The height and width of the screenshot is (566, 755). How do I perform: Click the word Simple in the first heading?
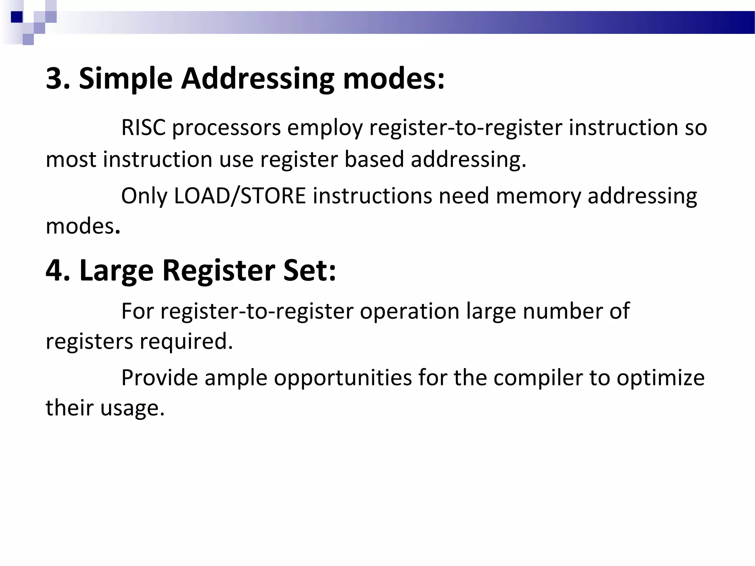(125, 79)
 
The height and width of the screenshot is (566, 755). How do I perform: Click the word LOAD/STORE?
(240, 196)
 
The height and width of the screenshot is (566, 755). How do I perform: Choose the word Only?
(144, 196)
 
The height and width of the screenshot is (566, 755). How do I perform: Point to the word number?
(562, 311)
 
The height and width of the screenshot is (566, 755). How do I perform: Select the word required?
(186, 342)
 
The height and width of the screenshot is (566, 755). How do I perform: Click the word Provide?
(160, 378)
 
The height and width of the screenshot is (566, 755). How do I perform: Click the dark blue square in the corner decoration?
(17, 17)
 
